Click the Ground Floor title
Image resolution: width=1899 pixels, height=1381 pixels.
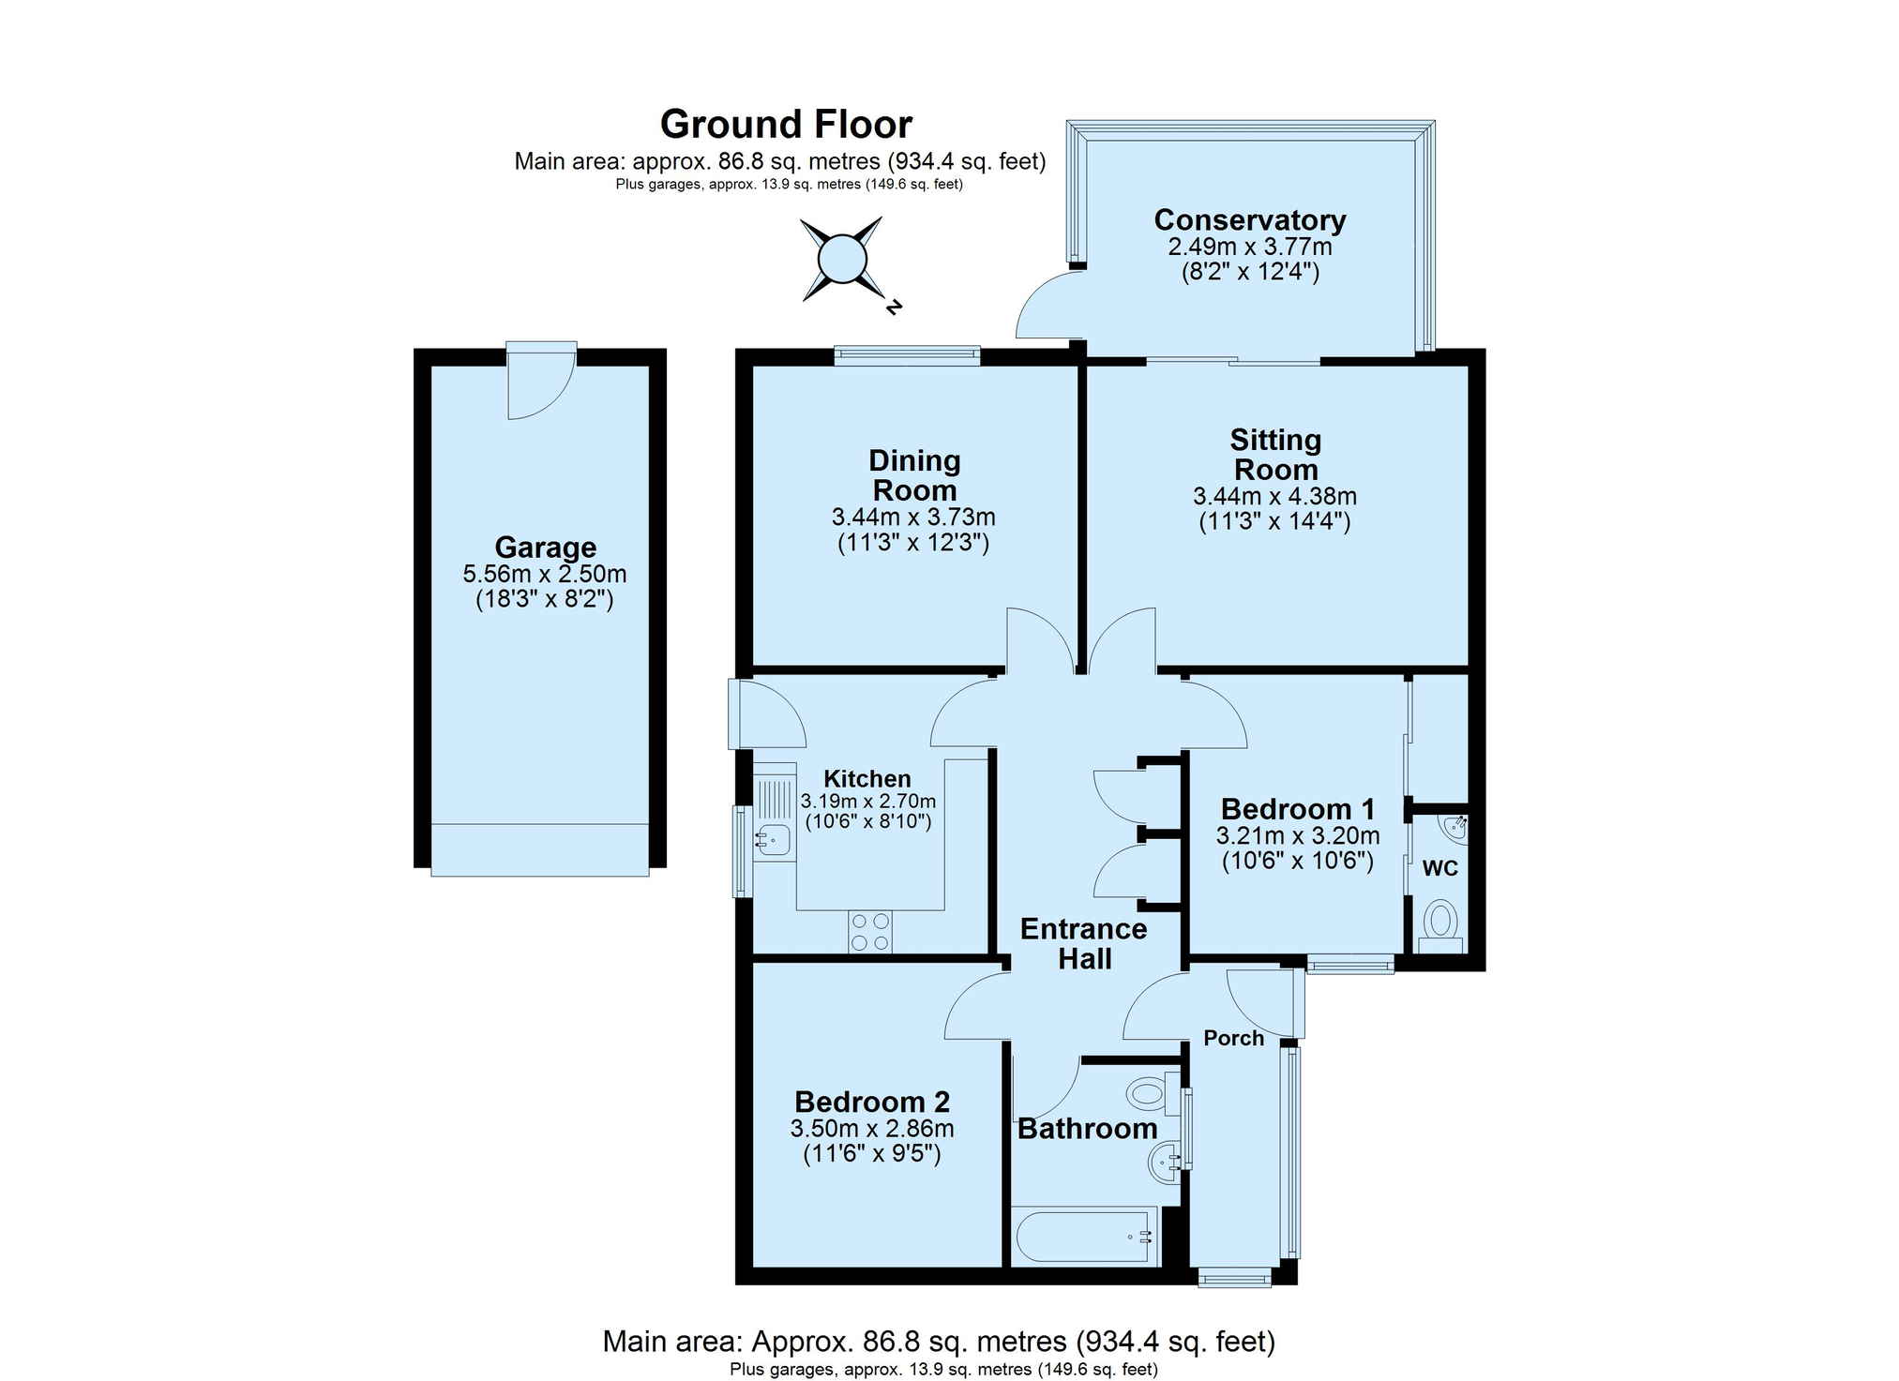[786, 125]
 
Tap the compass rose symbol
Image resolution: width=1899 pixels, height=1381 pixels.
[841, 260]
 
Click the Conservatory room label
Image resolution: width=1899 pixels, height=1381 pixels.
[1249, 219]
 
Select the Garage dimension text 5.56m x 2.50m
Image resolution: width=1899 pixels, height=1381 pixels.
[545, 574]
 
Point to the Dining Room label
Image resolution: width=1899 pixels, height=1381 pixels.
[914, 475]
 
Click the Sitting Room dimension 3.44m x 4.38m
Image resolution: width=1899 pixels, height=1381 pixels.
[1274, 497]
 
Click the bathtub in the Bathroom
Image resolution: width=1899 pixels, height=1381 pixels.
[1083, 1238]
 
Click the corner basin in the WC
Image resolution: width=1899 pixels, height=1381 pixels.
[1454, 827]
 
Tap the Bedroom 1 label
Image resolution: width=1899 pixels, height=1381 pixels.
[1298, 809]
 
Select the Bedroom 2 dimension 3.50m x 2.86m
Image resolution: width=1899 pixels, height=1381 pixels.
[872, 1129]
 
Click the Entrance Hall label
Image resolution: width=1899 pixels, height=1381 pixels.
[1084, 944]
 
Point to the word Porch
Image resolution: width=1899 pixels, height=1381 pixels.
[1233, 1038]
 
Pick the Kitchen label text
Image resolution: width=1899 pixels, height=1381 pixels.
[867, 779]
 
